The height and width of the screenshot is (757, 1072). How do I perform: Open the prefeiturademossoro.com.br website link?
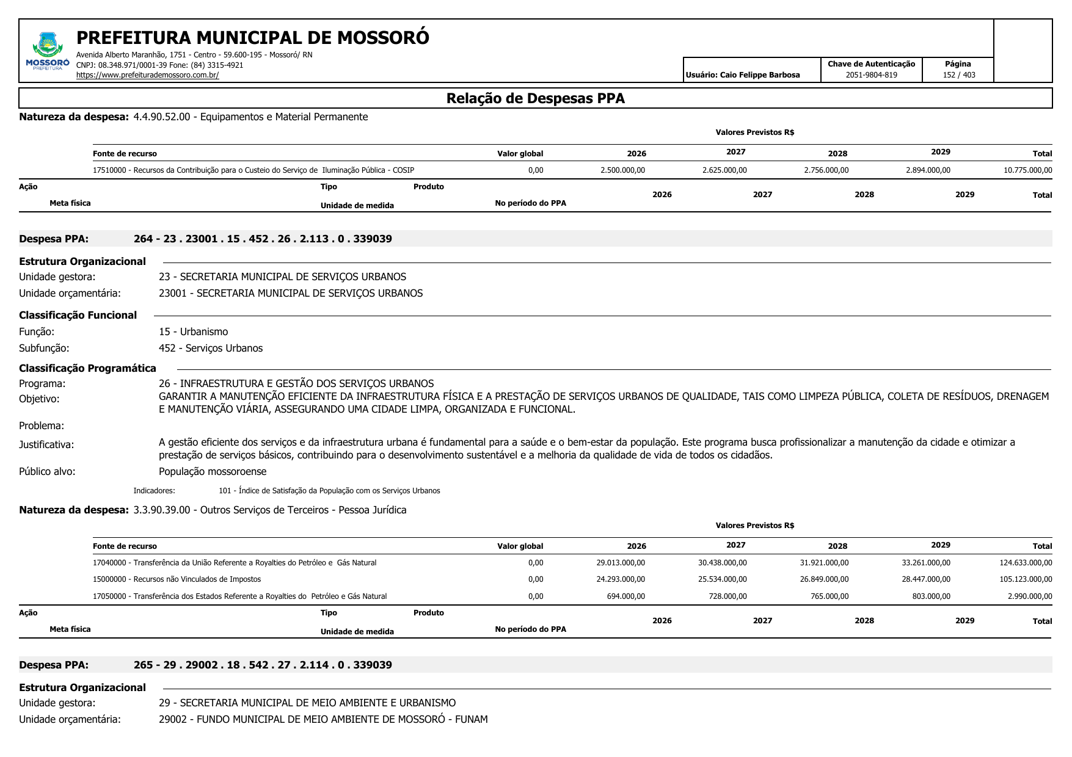point(147,75)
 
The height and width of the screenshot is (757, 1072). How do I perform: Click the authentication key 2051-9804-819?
point(871,75)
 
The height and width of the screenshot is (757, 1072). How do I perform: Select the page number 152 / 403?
point(958,75)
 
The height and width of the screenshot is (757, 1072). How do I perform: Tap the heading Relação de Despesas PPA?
point(535,98)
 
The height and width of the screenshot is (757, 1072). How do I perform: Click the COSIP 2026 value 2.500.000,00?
point(622,170)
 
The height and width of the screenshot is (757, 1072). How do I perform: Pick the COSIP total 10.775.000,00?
point(1027,170)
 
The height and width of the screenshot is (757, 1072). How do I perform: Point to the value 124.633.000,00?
point(1026,563)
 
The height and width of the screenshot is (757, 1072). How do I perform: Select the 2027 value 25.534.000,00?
point(724,579)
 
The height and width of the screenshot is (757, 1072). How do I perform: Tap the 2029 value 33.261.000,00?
point(926,563)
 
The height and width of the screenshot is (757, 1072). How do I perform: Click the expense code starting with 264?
point(263,239)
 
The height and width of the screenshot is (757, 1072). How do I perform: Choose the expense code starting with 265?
point(263,665)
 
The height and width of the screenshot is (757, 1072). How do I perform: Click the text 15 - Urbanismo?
point(193,331)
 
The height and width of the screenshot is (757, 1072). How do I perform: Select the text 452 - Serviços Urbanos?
point(211,348)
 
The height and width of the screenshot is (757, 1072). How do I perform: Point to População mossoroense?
point(213,471)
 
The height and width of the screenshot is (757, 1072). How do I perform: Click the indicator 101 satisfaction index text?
point(329,491)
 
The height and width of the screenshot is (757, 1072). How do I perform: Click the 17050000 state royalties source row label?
point(239,596)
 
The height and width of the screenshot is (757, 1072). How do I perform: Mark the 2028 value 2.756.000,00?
point(826,170)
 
